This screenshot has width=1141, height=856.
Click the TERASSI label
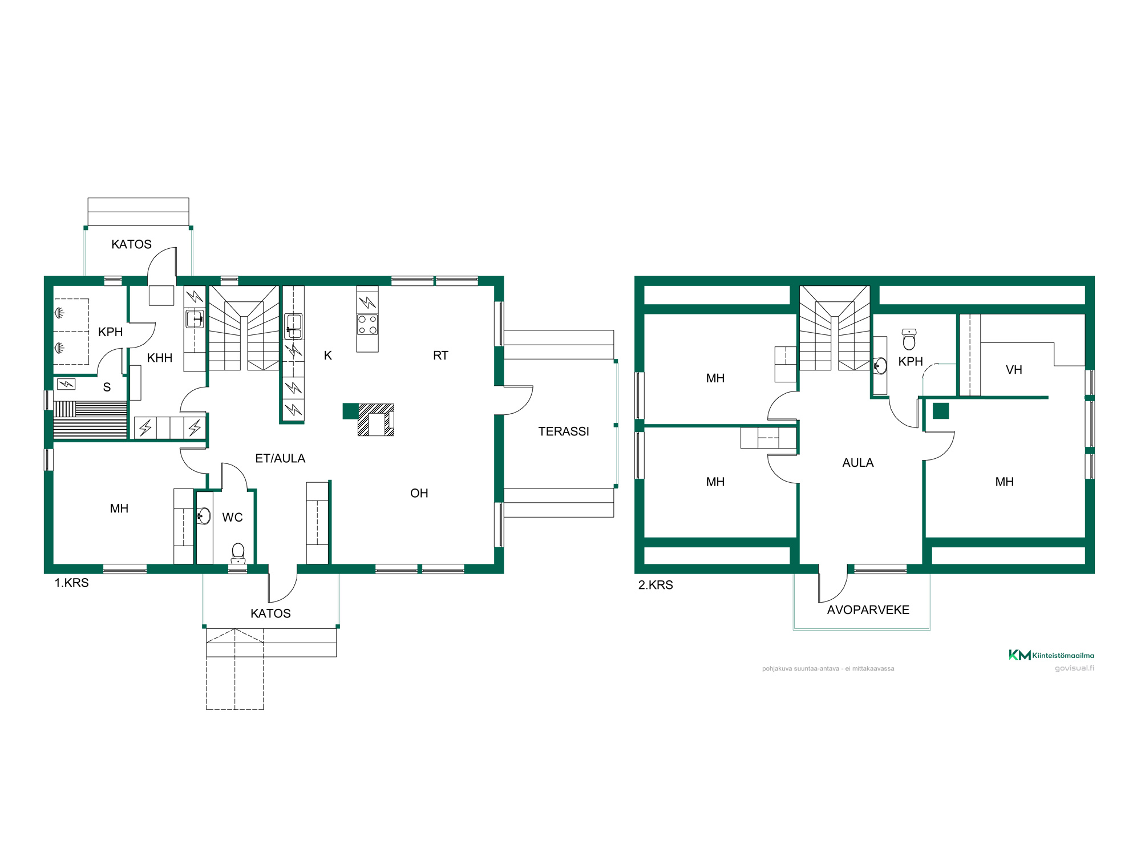(x=564, y=431)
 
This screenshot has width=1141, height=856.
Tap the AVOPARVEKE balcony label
(x=868, y=610)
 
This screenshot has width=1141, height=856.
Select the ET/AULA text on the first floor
(x=280, y=458)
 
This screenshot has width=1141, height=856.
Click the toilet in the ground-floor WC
(x=238, y=553)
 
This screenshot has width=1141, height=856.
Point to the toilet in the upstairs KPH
(x=909, y=339)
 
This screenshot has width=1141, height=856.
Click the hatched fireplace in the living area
(x=375, y=419)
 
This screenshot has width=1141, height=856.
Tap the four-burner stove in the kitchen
(x=367, y=325)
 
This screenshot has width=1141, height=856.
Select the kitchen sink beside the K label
(x=293, y=326)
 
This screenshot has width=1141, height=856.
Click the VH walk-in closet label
(x=1014, y=370)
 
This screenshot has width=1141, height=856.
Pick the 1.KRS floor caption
(x=71, y=583)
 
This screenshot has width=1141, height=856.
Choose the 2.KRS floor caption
(x=656, y=585)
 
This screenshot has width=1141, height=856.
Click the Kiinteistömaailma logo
(x=1051, y=655)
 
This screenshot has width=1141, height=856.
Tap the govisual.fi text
(x=1074, y=668)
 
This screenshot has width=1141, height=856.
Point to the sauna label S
(x=107, y=387)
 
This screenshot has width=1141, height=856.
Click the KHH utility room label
(x=160, y=358)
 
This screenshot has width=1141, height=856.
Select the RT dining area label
(x=440, y=356)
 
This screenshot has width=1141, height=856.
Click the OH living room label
(x=419, y=493)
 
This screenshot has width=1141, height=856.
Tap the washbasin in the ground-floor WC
(x=204, y=516)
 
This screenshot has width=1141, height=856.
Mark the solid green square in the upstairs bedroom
(x=941, y=411)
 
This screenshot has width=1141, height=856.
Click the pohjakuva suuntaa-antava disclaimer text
(x=828, y=668)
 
